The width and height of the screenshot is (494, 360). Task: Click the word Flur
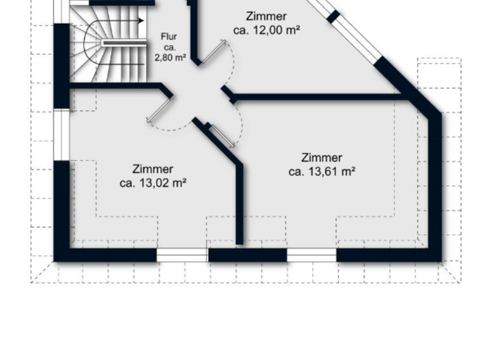[x=169, y=37]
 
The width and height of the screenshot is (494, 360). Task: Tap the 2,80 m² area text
[x=170, y=57]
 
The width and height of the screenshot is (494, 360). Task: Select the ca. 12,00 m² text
[x=266, y=30]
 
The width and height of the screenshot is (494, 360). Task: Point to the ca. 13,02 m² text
[x=153, y=183]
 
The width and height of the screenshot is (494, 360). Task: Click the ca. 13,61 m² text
[x=322, y=171]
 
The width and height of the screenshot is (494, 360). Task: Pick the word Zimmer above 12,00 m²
[x=266, y=16]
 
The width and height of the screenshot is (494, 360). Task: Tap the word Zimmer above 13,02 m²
[x=153, y=169]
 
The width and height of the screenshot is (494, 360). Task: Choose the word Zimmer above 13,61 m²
[x=322, y=157]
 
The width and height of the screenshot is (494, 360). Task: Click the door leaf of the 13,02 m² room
[x=160, y=109]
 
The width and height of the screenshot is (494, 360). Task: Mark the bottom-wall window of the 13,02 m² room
[x=182, y=256]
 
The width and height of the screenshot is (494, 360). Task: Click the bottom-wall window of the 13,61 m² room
[x=311, y=256]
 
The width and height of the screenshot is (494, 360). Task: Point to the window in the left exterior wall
[x=61, y=134]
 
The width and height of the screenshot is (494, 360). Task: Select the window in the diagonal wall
[x=357, y=39]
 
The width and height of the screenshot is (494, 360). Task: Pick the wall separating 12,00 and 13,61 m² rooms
[x=315, y=98]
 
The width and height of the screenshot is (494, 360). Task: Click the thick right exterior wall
[x=435, y=186]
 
